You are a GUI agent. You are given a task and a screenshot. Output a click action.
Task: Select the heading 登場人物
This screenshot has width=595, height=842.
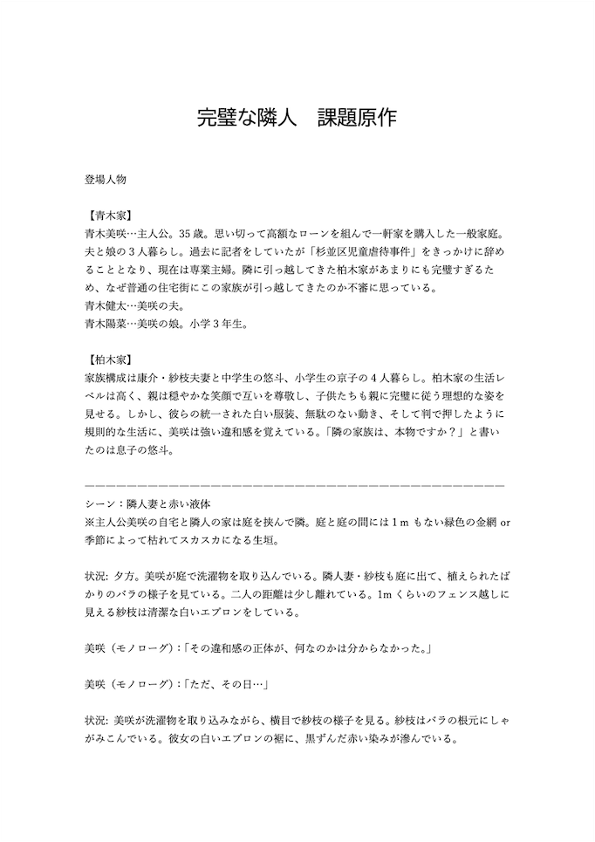(106, 180)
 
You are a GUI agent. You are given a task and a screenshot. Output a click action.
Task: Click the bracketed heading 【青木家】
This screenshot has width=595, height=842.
(110, 216)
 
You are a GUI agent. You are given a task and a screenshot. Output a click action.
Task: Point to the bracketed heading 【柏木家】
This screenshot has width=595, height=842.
(110, 359)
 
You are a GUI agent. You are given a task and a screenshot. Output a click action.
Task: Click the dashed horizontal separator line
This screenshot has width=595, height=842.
(295, 484)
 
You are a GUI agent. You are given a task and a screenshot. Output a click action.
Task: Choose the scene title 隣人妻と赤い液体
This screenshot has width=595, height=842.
(164, 504)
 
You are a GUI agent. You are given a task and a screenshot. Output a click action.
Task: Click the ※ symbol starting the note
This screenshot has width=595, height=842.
(89, 522)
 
